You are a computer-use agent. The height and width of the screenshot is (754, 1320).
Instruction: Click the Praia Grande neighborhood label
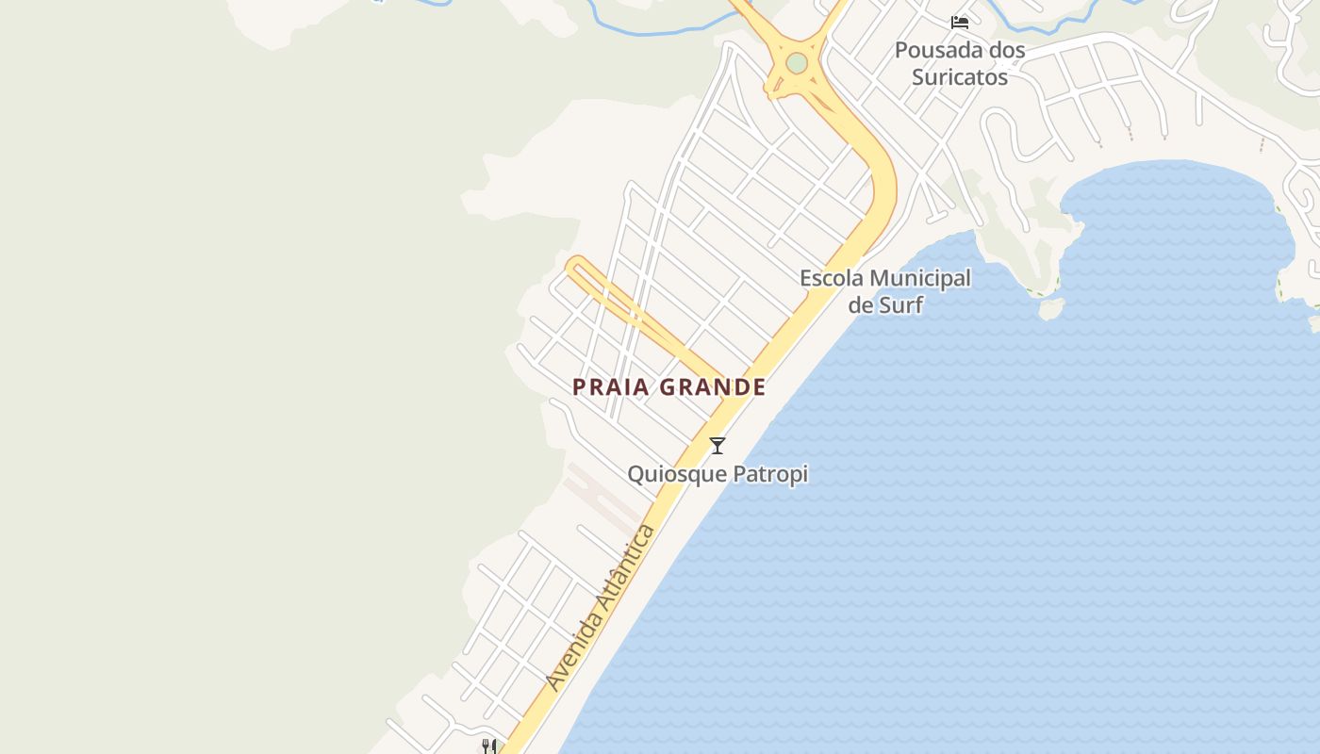click(669, 387)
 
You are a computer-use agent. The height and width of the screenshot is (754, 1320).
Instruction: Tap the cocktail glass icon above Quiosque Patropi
click(718, 445)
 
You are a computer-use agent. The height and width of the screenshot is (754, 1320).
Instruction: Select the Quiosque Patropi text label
click(718, 473)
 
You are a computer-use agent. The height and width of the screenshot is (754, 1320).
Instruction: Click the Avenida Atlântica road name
click(601, 608)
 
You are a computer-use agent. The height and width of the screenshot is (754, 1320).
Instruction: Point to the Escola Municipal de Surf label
click(885, 291)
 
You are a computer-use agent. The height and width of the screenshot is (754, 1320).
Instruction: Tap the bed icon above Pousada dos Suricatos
click(960, 23)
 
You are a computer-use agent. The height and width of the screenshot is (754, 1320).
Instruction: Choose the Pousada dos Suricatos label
click(960, 63)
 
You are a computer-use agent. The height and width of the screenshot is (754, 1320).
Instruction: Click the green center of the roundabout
click(798, 63)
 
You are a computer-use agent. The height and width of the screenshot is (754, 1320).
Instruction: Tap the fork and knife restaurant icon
click(488, 746)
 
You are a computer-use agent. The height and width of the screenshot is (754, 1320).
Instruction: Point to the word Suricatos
click(960, 77)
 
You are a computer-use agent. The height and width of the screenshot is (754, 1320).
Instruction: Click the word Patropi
click(771, 473)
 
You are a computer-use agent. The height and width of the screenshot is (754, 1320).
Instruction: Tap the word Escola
click(832, 278)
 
